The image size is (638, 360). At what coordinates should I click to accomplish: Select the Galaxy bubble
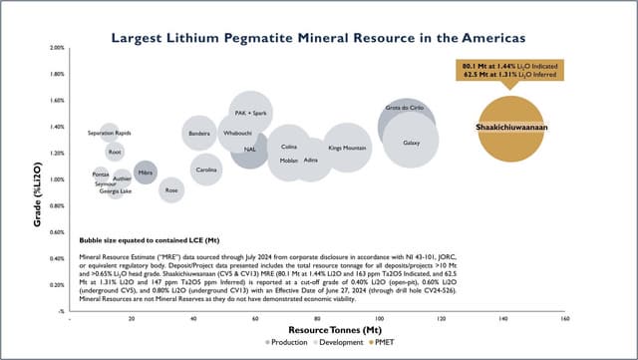(x=411, y=143)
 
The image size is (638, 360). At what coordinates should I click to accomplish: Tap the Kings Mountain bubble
(x=348, y=149)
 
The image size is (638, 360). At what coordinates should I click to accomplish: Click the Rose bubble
(x=171, y=188)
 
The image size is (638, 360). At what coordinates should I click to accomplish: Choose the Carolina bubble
(x=206, y=170)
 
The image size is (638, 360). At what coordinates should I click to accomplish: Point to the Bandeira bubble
(x=199, y=133)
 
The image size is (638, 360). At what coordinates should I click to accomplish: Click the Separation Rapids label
(x=110, y=133)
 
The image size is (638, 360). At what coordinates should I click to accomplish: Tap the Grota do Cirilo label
(x=404, y=107)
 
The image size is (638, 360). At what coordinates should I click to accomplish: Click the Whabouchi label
(x=237, y=132)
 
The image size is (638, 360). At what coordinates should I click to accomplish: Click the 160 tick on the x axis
(x=564, y=320)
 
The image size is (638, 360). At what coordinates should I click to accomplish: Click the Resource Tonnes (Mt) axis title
(x=317, y=329)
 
